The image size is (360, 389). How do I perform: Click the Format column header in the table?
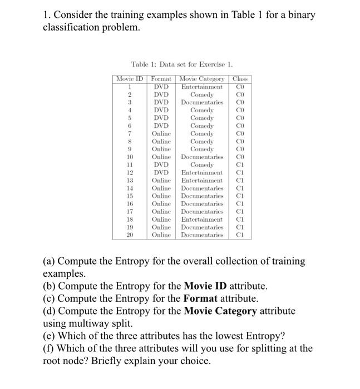(x=161, y=79)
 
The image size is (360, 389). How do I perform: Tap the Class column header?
(x=240, y=79)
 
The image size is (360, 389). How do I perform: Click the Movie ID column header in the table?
(x=130, y=79)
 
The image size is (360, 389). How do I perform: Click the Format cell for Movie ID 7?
(x=161, y=133)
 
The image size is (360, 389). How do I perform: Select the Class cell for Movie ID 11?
(x=240, y=164)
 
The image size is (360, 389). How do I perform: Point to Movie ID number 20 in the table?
(x=130, y=235)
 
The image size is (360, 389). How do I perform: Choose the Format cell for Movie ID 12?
(x=161, y=172)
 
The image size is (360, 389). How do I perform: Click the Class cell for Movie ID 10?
(x=240, y=157)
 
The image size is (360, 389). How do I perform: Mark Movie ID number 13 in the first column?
(x=130, y=180)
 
